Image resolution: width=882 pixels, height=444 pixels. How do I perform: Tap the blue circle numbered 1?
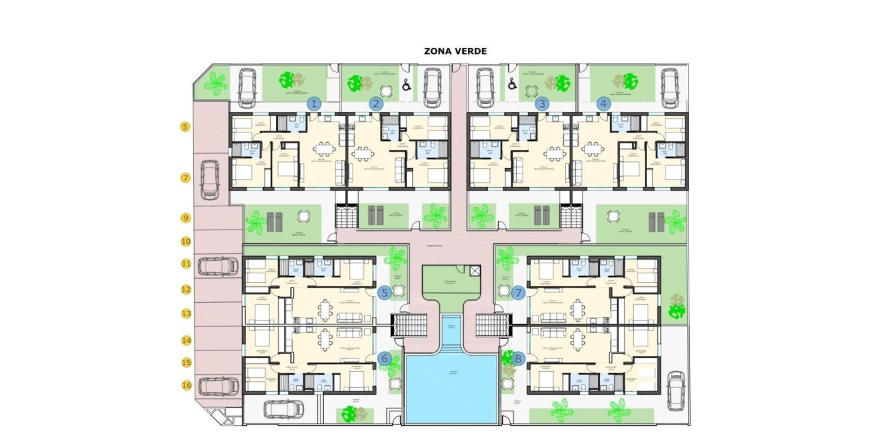(x=314, y=104)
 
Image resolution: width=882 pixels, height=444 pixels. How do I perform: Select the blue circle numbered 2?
(x=376, y=104)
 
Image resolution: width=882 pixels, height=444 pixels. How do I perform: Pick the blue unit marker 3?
(x=542, y=104)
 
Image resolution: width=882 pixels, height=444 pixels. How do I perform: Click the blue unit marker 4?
(x=603, y=104)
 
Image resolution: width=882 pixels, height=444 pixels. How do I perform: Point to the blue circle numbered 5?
(x=384, y=292)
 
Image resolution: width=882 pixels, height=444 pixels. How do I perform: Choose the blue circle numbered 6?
(x=384, y=358)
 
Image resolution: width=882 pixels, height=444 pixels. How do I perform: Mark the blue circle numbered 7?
(x=519, y=292)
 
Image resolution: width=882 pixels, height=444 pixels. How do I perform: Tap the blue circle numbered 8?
(x=519, y=358)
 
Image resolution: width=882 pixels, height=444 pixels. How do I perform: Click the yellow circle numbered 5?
(x=185, y=127)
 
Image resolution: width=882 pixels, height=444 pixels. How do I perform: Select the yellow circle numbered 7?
(x=185, y=178)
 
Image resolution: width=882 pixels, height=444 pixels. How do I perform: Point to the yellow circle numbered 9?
(x=185, y=218)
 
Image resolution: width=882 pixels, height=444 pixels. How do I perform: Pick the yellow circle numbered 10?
(x=185, y=241)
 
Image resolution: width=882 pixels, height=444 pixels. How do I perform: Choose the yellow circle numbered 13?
(x=185, y=314)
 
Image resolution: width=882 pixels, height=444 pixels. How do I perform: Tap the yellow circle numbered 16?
(x=185, y=385)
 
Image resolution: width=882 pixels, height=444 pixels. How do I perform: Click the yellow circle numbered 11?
(x=185, y=263)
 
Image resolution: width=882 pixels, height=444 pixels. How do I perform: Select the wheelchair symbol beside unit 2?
(x=406, y=86)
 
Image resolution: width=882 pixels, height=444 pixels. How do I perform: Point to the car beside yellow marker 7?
(x=210, y=179)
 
